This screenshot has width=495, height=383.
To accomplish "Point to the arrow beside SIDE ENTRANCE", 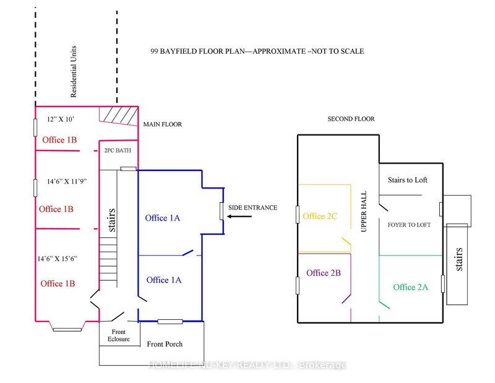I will point(234,217).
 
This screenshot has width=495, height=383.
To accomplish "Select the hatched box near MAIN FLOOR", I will point(118,115).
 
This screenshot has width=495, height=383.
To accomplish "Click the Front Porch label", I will point(165,344).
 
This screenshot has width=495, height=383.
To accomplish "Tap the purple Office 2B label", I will point(326,273).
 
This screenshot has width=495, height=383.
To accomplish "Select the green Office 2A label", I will point(410,287).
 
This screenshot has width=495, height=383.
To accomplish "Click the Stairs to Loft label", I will point(407,180).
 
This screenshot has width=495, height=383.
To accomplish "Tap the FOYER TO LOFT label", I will point(409,224).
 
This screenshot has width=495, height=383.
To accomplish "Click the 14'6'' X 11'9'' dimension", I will point(68,182).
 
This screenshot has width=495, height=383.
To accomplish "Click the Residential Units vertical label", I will point(74,74).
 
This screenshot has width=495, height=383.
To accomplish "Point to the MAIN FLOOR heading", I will point(162,124).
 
